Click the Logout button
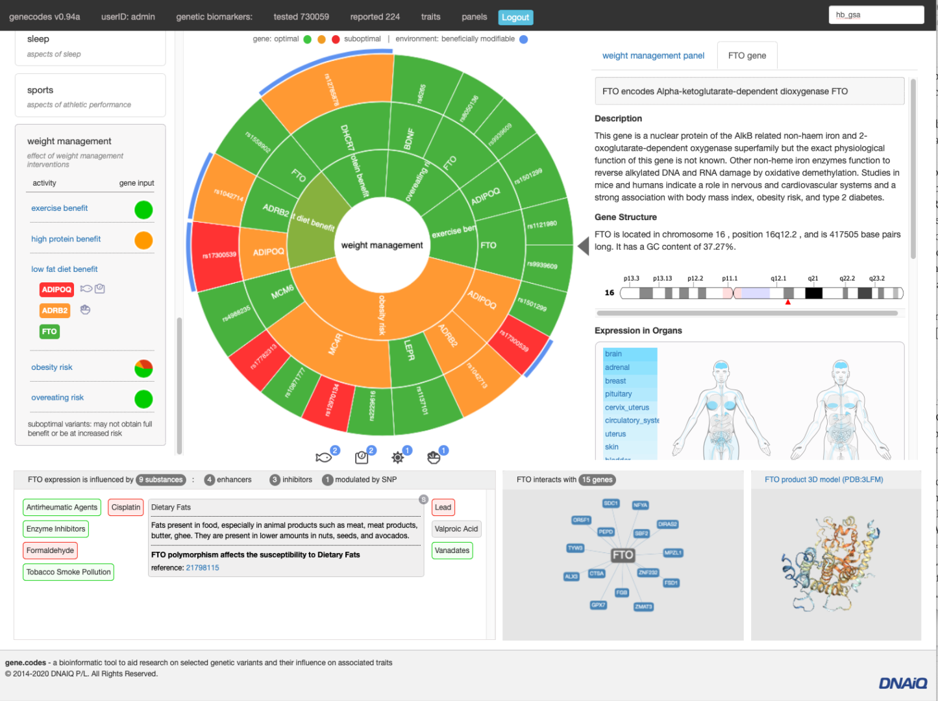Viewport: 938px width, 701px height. click(x=515, y=18)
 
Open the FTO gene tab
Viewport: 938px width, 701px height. click(x=747, y=56)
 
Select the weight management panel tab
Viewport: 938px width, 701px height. click(x=653, y=56)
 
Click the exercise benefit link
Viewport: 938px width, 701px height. click(x=59, y=208)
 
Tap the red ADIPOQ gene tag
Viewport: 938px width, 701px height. click(x=56, y=289)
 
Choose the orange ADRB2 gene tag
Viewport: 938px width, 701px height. click(x=55, y=310)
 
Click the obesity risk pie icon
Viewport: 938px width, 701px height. click(x=143, y=368)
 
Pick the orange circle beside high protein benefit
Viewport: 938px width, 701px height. click(x=143, y=240)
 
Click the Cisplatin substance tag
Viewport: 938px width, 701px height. click(x=125, y=508)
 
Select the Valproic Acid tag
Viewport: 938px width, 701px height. click(x=456, y=529)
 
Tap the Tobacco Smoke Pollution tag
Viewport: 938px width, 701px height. click(x=69, y=572)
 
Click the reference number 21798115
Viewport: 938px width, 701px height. click(x=203, y=568)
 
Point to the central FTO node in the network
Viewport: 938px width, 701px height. click(x=623, y=555)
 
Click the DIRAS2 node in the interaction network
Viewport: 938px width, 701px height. click(x=667, y=524)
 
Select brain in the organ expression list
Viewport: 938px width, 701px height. click(x=613, y=354)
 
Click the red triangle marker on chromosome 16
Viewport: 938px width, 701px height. click(x=787, y=302)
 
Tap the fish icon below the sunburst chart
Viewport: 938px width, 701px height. click(x=323, y=458)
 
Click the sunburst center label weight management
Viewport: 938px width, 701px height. click(x=382, y=245)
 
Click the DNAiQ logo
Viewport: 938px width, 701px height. click(x=902, y=683)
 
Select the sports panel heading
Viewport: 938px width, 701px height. click(x=40, y=90)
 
